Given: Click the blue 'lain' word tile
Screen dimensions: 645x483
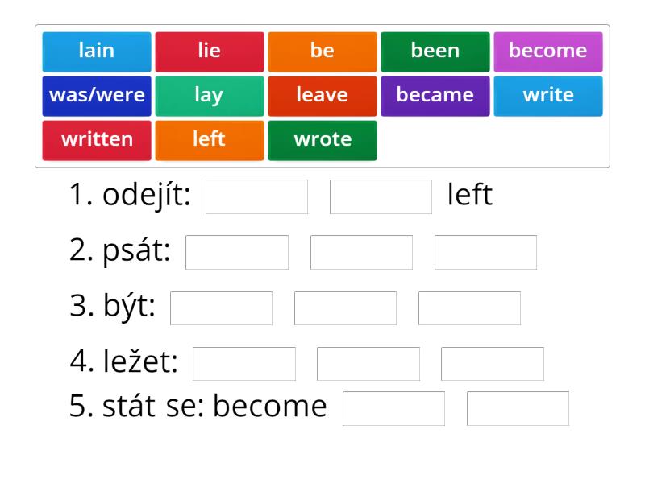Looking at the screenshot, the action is coord(97,52).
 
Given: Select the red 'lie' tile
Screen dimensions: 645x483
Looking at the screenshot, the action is coord(210,52).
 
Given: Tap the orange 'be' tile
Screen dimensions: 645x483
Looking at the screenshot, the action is coord(322,52).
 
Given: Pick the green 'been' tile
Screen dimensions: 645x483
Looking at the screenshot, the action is coord(435,52).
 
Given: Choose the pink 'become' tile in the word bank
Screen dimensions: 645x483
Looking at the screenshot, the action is coord(548,52).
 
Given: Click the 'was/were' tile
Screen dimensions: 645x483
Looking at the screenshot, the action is coord(97,96).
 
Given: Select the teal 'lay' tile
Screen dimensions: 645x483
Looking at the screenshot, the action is coord(210,96).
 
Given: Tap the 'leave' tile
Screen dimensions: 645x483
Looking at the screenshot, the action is coord(322,96).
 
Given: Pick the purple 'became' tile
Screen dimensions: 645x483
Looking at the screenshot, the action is coord(435,96).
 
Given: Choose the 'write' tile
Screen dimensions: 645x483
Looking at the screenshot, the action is coord(548,96).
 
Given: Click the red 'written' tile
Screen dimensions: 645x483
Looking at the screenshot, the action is coord(97,140).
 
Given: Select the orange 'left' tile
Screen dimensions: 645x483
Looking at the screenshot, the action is coord(210,140).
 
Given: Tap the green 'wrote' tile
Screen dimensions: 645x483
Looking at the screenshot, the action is coord(322,140).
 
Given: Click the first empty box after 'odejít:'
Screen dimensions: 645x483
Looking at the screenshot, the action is coord(256,196).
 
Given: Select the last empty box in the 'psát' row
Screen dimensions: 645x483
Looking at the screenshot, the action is coord(486,252).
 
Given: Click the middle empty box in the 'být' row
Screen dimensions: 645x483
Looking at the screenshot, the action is coord(346,308).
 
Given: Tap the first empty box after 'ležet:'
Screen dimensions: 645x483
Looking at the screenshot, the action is coord(244,364).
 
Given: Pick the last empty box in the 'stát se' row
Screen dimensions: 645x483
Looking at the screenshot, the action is coord(518,409).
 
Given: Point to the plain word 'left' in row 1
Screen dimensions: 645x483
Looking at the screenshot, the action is coord(470,194).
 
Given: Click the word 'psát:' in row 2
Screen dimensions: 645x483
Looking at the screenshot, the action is coord(136,250).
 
